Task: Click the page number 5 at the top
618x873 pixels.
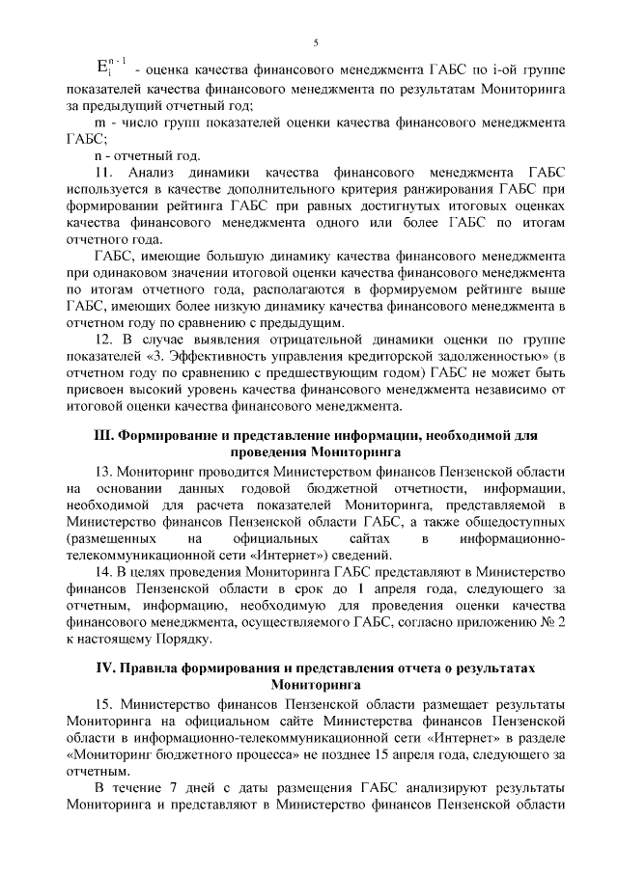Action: point(315,42)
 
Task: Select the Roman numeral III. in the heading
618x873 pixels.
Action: point(102,435)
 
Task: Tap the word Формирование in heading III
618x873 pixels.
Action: point(167,435)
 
